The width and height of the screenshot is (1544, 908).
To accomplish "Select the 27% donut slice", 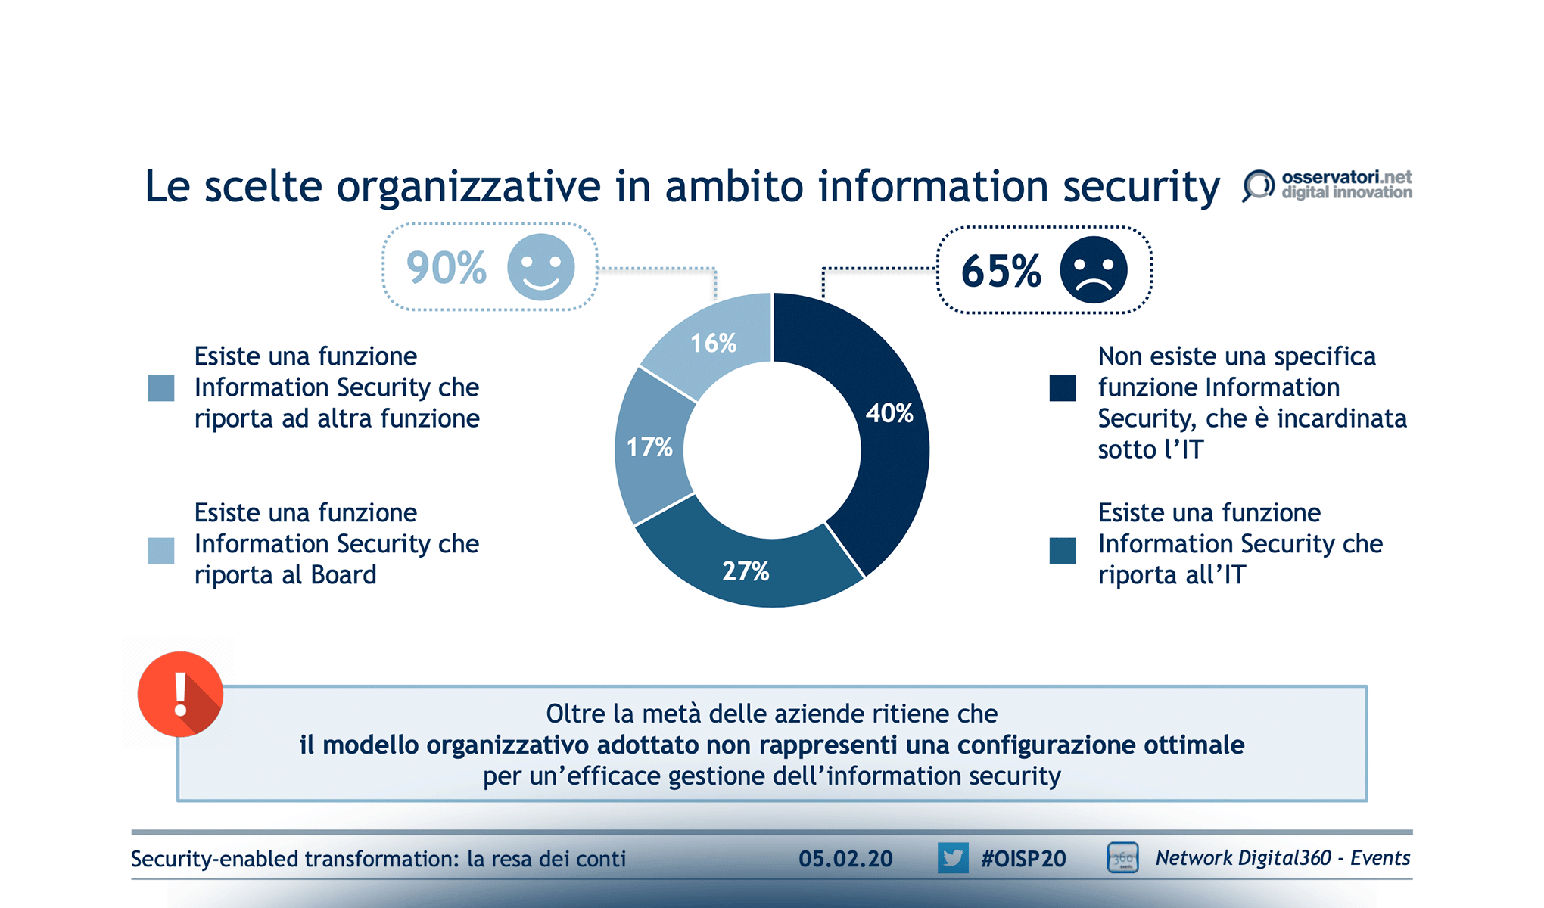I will [x=746, y=571].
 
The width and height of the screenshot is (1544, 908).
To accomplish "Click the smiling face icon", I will [x=540, y=267].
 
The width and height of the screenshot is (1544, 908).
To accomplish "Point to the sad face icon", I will [x=1093, y=270].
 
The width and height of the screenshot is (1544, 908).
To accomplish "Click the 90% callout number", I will [x=446, y=267].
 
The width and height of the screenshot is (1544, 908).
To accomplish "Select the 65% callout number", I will [x=1001, y=271].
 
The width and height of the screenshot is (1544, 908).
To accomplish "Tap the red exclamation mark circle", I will [x=180, y=694].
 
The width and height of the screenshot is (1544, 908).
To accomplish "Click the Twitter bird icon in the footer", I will [x=952, y=858].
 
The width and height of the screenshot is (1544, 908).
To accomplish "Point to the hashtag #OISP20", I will [x=1023, y=859].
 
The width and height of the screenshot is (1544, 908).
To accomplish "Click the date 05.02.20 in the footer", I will [x=845, y=859].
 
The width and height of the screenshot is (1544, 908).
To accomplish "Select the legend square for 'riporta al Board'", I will [x=161, y=550].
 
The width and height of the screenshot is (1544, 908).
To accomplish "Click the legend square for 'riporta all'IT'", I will [x=1062, y=550].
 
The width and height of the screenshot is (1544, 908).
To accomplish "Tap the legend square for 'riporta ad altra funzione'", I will [x=161, y=388].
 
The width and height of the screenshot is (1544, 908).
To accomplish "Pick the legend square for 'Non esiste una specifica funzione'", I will [x=1062, y=388].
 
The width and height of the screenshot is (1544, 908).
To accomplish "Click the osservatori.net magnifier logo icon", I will [x=1257, y=185].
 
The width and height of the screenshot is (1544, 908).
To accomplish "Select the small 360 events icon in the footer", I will [x=1122, y=858].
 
